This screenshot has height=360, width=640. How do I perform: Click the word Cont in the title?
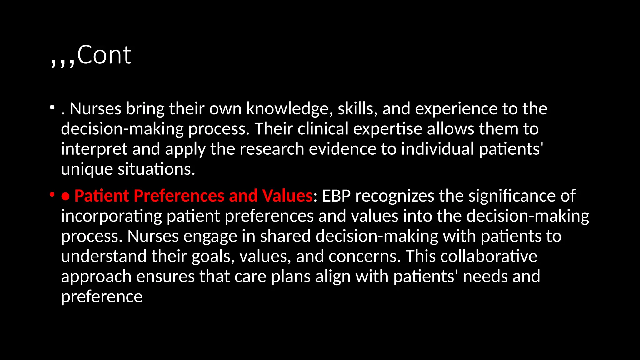click(104, 55)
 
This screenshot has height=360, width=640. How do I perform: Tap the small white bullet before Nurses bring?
click(52, 108)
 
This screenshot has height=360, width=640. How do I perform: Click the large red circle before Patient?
click(65, 196)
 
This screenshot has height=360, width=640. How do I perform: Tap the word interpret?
click(94, 149)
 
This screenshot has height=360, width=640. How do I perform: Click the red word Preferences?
click(179, 196)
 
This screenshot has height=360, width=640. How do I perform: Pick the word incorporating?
click(112, 216)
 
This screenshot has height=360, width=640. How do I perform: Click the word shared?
click(285, 236)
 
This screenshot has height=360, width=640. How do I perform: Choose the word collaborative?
click(489, 256)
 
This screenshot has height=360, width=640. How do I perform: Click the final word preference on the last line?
click(102, 297)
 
